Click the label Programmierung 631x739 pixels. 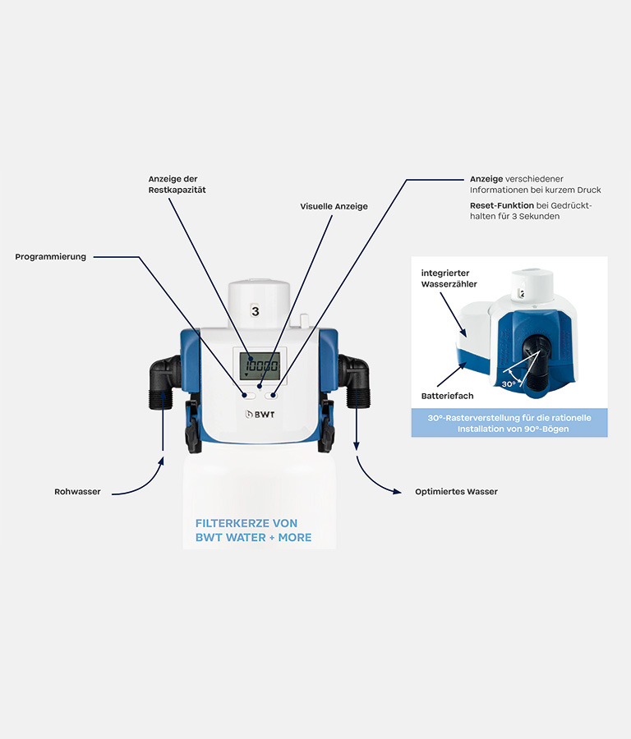tap(50, 257)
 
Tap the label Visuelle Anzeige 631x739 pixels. tap(334, 206)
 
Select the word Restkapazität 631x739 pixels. tap(177, 190)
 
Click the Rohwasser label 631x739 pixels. tap(77, 492)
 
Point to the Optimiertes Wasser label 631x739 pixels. tap(456, 492)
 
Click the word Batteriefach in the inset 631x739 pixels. tap(447, 396)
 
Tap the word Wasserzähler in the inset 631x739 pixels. tap(449, 284)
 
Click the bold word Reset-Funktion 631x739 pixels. tap(502, 205)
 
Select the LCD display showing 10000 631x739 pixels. tap(260, 365)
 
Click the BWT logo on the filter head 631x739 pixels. tap(260, 415)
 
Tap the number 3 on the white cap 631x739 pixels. tap(256, 311)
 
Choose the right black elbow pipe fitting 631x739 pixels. tap(354, 381)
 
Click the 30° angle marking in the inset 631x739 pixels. tap(509, 384)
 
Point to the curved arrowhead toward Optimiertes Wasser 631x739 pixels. tap(396, 492)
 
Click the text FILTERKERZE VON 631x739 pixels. tap(246, 523)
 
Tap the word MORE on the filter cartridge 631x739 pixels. tap(295, 537)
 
